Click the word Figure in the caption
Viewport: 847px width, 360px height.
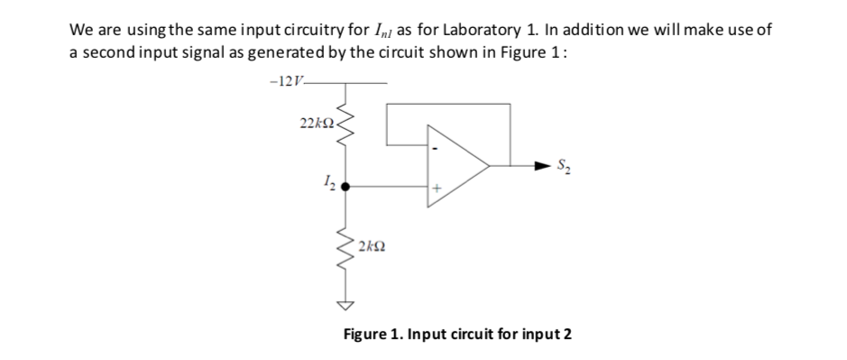point(366,334)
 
